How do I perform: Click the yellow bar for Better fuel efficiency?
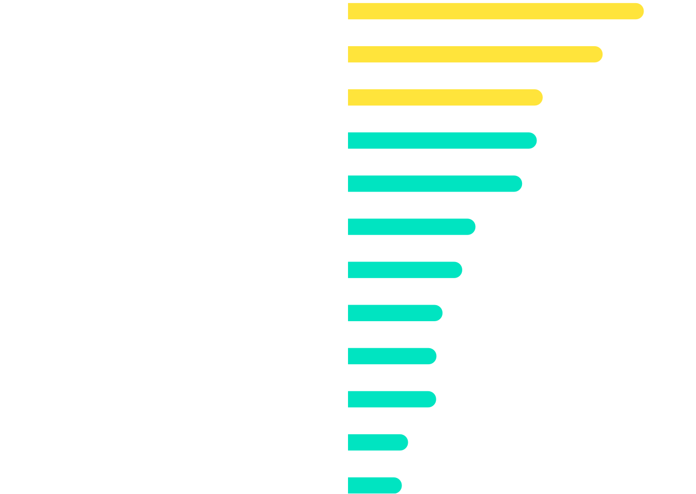click(x=475, y=54)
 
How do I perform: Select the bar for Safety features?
click(x=442, y=140)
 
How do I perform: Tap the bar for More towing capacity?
click(x=378, y=442)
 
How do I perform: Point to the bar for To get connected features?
click(x=411, y=227)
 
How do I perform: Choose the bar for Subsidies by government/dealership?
click(x=405, y=270)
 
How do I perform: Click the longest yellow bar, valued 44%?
click(x=496, y=11)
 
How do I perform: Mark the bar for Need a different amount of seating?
click(x=392, y=399)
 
